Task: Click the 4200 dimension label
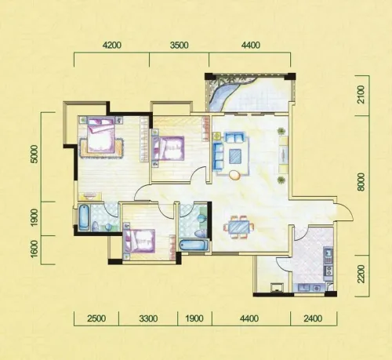tap(112, 45)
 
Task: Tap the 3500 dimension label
tap(179, 45)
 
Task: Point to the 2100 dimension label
tap(361, 95)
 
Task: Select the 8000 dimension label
tap(361, 182)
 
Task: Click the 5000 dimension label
tap(34, 154)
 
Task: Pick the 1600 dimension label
tap(34, 249)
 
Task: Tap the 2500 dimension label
tap(96, 318)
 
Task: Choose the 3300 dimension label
tap(148, 318)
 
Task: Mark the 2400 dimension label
tap(313, 318)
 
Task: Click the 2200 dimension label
tap(361, 274)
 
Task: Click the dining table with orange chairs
tap(238, 227)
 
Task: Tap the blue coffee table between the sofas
tap(236, 156)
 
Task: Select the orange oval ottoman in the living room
tap(234, 175)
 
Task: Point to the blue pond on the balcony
tap(222, 93)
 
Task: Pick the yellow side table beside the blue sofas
tap(216, 136)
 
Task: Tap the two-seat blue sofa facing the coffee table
tap(234, 137)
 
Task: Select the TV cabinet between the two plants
tap(283, 155)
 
